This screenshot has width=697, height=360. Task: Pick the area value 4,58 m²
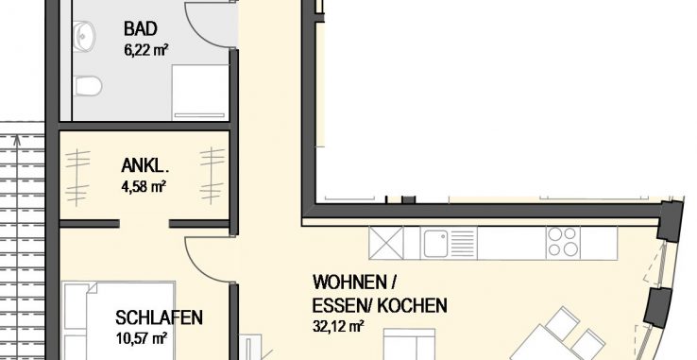tap(144, 186)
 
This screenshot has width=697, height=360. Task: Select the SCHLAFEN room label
tap(158, 317)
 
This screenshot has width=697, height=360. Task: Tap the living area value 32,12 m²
tap(338, 327)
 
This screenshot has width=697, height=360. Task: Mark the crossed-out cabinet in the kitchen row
tap(386, 244)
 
